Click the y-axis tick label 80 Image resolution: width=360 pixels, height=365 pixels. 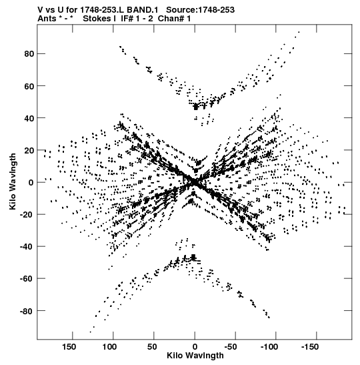coord(29,54)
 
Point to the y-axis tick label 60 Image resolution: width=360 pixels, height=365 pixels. coord(29,86)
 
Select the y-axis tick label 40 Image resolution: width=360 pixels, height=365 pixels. coord(29,118)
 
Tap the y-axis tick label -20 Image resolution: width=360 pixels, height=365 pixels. coord(27,215)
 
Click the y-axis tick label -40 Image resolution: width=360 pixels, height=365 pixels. coord(27,247)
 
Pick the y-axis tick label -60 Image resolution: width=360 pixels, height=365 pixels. coord(27,279)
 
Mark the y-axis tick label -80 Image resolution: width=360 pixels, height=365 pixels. coord(27,311)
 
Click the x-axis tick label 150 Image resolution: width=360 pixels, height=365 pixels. coord(69,347)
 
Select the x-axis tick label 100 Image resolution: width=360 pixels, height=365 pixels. coord(110,347)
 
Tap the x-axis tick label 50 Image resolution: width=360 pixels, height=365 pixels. coord(152,347)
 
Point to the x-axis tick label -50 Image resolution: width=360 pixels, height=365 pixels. coord(231,347)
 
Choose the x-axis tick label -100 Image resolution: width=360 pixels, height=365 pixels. coord(269,347)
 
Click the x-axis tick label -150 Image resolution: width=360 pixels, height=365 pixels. coord(310,347)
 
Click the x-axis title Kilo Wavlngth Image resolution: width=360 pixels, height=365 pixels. coord(195,356)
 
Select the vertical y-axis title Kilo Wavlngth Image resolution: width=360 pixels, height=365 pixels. coord(13,181)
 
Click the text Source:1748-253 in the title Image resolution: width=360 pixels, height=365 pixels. coord(200,10)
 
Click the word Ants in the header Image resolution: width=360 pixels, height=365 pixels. coord(47,19)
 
